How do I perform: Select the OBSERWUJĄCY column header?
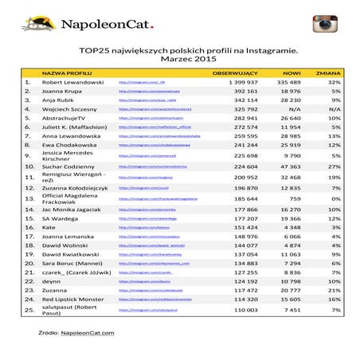click(235, 72)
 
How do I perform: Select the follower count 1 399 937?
click(242, 82)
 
